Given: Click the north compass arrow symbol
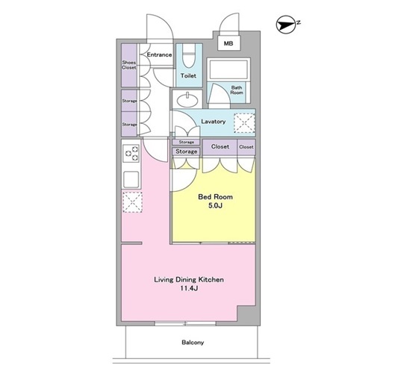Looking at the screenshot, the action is (286, 25).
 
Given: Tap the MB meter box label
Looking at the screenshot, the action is (229, 43).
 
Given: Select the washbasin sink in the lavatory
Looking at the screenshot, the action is (187, 99).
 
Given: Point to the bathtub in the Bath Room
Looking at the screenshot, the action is (228, 69).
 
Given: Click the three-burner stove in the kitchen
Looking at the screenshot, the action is (131, 153).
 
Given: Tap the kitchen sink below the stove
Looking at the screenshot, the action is (131, 179).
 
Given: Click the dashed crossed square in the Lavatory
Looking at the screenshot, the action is (244, 123).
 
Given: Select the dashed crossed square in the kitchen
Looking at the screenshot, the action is (132, 202).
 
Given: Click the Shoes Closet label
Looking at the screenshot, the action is (129, 65).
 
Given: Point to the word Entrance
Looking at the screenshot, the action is (159, 54).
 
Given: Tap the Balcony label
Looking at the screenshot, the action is (193, 343).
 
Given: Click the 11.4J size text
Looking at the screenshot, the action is (190, 288).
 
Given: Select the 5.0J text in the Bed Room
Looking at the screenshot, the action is (215, 205).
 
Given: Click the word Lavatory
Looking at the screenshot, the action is (214, 122).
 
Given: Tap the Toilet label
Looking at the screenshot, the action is (188, 75).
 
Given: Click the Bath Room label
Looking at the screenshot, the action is (237, 90).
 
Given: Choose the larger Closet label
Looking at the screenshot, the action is (220, 146).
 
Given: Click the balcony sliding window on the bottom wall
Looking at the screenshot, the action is (185, 323).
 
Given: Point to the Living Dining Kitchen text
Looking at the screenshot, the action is (189, 280).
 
